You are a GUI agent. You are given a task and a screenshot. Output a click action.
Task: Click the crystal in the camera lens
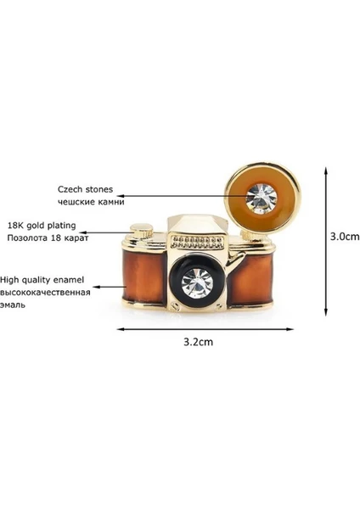197,283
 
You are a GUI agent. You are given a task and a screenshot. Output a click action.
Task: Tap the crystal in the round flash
262,198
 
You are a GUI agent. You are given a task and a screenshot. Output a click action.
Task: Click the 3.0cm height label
345,236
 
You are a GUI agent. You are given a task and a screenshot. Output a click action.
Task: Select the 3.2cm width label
198,342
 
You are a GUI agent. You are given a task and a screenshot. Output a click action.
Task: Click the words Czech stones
86,189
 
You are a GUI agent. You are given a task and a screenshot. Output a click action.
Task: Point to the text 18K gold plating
42,225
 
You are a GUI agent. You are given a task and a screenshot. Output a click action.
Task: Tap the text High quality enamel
42,279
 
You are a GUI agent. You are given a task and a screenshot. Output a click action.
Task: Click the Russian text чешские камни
91,202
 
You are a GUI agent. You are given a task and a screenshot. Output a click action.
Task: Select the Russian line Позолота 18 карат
48,238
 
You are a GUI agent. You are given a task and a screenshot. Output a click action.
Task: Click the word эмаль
13,305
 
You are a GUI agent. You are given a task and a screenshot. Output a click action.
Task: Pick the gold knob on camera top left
142,231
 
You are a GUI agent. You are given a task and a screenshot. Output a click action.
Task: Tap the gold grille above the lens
198,242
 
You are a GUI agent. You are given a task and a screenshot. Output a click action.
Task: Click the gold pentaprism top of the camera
197,224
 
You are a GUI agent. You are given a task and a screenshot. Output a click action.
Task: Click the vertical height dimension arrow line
325,242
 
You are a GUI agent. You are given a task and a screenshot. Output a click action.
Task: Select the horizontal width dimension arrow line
205,329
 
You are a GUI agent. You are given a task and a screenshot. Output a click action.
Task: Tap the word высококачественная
45,293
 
